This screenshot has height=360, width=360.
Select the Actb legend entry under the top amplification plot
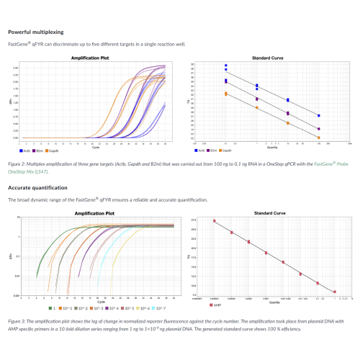coord(24,150)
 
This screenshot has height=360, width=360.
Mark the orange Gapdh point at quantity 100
coord(318,137)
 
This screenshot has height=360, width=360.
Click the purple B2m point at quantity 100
coord(318,129)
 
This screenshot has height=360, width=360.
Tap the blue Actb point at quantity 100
coord(318,115)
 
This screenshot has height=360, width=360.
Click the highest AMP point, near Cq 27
coord(214,221)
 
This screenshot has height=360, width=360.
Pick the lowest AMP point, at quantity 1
coord(335,291)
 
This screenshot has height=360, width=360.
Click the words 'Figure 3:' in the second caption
coord(17,320)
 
